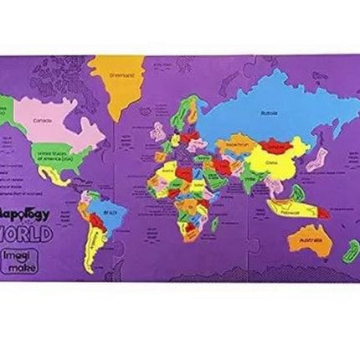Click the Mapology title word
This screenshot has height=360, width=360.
pos(28,214)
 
